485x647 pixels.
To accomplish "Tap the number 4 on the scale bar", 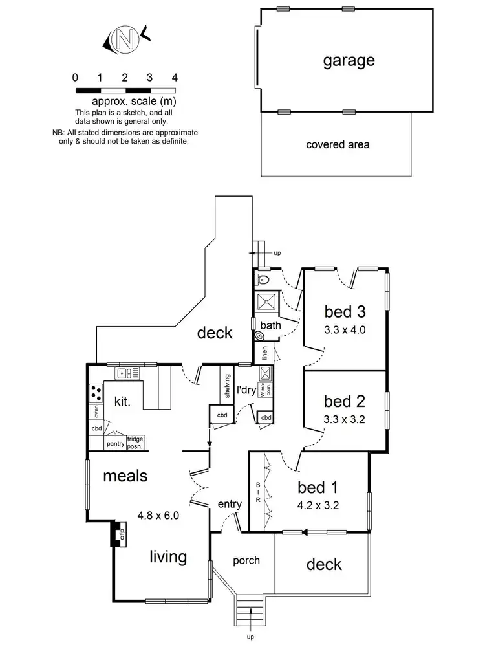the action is (x=175, y=77).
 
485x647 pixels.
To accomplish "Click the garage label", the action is (x=349, y=61).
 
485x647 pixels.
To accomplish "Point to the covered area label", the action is (x=338, y=144).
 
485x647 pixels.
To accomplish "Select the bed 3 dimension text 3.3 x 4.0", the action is (x=345, y=329).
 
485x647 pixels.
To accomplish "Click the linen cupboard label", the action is (x=264, y=353).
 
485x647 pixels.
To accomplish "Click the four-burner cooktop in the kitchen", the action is (x=96, y=392).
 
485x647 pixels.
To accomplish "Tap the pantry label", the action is (x=115, y=444).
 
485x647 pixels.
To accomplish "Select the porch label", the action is (x=246, y=560).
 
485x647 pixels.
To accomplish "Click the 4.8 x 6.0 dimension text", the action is (x=158, y=516).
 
